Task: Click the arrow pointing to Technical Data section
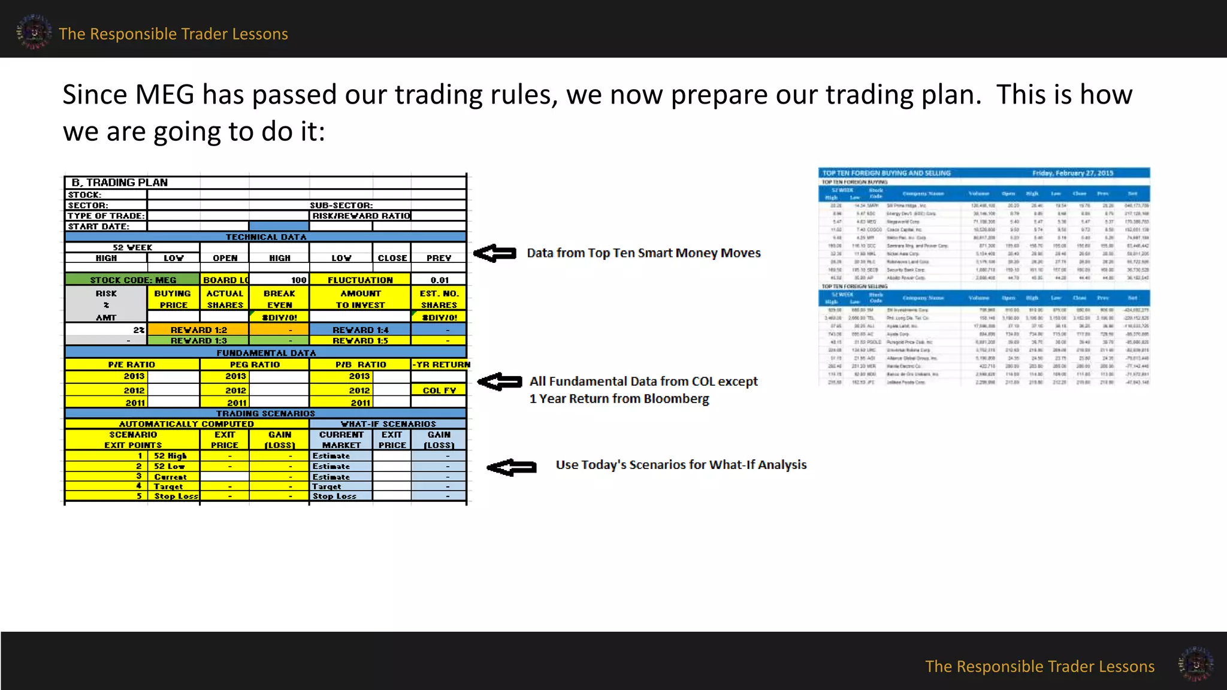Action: [495, 253]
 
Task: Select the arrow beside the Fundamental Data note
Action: [500, 382]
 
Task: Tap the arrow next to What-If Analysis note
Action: [511, 467]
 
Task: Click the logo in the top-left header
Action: [34, 32]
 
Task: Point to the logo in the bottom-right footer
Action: [1196, 664]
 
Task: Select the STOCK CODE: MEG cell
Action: [132, 280]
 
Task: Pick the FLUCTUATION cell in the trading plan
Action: [360, 280]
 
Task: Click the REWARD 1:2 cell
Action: [198, 329]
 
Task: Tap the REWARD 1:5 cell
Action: [360, 340]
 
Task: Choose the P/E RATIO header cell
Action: [132, 364]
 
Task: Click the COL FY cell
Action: [439, 390]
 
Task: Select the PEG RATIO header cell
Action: [255, 364]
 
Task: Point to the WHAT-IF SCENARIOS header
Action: [388, 423]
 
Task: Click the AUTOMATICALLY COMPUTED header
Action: [186, 423]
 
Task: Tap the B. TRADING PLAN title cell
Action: [120, 182]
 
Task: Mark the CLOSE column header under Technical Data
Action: [392, 258]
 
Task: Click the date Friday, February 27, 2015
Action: [1072, 173]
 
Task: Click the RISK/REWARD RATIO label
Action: [361, 216]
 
